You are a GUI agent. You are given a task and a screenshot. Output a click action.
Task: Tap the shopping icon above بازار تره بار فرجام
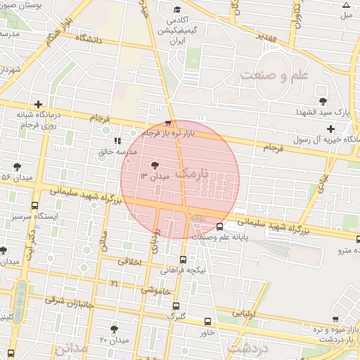click(167, 121)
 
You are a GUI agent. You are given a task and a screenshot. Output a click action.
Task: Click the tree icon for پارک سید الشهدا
click(323, 102)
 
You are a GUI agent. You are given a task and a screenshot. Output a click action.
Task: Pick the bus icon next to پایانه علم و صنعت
click(220, 226)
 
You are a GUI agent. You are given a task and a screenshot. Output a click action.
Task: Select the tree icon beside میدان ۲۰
click(114, 328)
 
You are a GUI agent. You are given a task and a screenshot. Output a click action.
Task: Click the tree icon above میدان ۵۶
click(17, 167)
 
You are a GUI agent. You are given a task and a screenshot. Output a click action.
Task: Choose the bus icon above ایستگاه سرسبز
click(35, 206)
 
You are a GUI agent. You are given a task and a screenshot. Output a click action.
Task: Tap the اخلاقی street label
click(129, 262)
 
